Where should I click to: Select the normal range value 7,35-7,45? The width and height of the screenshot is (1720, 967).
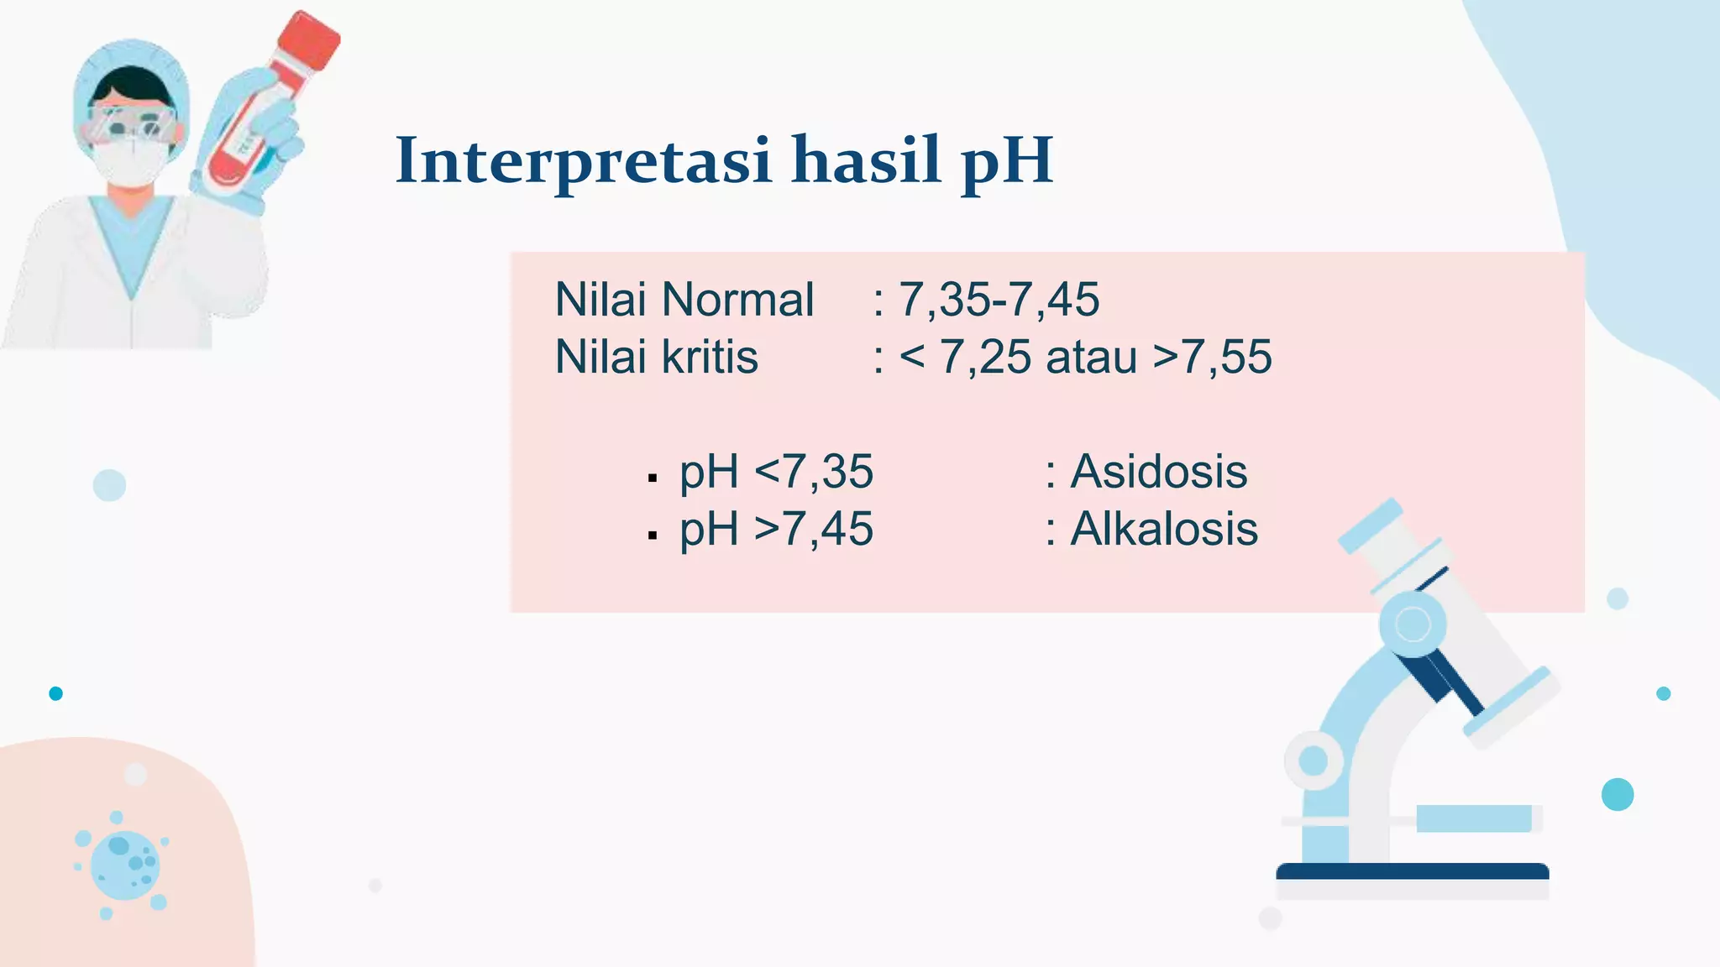point(999,300)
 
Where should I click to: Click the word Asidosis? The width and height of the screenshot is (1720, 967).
point(1158,472)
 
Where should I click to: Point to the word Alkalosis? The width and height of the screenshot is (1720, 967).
point(1163,530)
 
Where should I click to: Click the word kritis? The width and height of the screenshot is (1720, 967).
point(710,358)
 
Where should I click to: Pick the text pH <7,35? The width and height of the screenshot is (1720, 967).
point(776,472)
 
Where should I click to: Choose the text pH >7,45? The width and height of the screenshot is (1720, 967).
point(776,530)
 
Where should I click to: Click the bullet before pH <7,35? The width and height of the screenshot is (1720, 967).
point(653,478)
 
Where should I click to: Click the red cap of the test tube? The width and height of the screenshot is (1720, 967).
point(308,40)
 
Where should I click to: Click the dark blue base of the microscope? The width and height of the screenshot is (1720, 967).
point(1412,871)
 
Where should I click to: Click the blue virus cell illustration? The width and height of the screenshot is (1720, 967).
point(124,865)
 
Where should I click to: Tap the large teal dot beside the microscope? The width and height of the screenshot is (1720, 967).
point(1617,794)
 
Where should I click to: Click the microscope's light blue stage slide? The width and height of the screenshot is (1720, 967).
point(1474,818)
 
